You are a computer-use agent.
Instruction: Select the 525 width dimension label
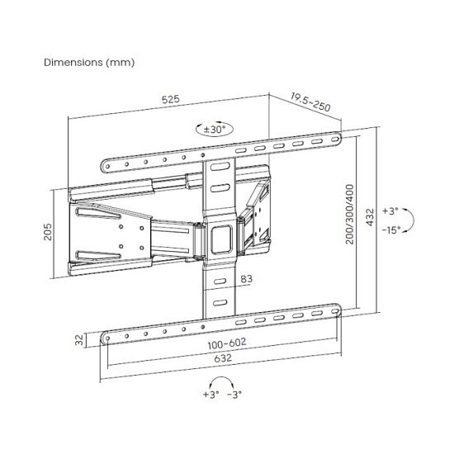[170, 99]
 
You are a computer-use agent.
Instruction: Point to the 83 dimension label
[246, 281]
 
